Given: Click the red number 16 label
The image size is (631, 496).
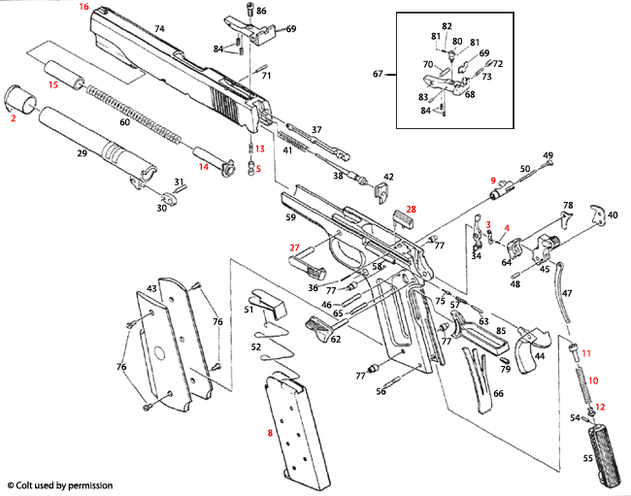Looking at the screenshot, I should click(x=83, y=7).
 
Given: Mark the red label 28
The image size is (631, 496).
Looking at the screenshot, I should click(x=411, y=209).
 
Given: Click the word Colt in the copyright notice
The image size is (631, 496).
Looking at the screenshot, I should click(x=29, y=484).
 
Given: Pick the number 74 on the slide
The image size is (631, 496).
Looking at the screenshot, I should click(x=159, y=30).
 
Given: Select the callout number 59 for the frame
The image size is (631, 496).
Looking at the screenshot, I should click(x=289, y=218).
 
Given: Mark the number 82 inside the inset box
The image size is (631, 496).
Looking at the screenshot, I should click(x=447, y=25).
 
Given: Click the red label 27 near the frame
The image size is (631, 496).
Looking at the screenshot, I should click(x=295, y=248).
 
